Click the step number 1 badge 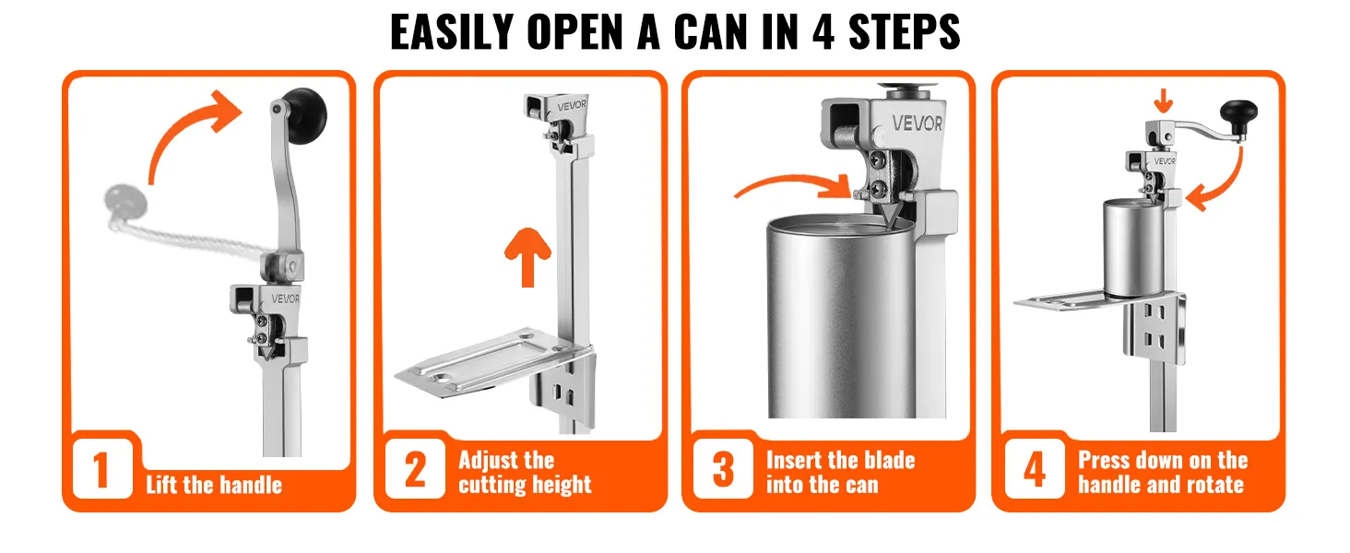coord(102,468)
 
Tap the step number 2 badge coord(415,468)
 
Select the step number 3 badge coord(723,468)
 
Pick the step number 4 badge coord(1035,468)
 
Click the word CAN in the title coord(711,31)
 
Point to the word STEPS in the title coord(904,31)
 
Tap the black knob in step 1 coord(306,115)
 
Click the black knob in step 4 coord(1239,116)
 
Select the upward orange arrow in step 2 coord(528,257)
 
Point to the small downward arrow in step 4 coord(1163,100)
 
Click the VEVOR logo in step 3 coord(917,124)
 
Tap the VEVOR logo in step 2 coord(572,106)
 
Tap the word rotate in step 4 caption coord(1215,484)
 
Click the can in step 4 coord(1133,248)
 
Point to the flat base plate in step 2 coord(488,361)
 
